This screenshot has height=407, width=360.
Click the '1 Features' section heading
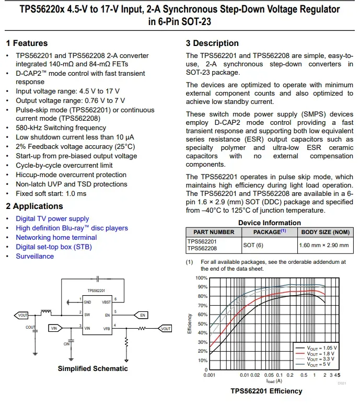27,43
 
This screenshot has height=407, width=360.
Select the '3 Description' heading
212,43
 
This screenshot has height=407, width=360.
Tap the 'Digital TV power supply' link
52,218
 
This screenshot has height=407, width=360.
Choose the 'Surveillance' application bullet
34,256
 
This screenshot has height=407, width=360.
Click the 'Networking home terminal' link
56,237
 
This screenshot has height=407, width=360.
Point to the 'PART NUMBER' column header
214,231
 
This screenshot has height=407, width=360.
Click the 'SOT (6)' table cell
253,245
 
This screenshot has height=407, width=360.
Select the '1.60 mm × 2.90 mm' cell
323,245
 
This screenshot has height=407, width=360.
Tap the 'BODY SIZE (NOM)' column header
325,231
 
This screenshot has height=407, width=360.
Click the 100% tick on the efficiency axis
201,278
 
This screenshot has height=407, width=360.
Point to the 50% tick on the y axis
202,324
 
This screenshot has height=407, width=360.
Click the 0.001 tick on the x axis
209,375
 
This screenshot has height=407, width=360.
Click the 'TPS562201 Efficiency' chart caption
266,391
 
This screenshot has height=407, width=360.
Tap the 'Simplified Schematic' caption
92,368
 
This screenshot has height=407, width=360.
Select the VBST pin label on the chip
106,303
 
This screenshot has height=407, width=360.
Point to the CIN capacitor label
66,344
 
